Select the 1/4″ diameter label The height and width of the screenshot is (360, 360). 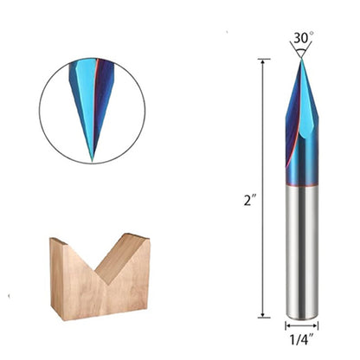301,339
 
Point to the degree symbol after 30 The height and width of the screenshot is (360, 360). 310,35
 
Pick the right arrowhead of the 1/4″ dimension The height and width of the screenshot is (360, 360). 316,326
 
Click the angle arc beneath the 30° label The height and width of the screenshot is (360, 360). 301,51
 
